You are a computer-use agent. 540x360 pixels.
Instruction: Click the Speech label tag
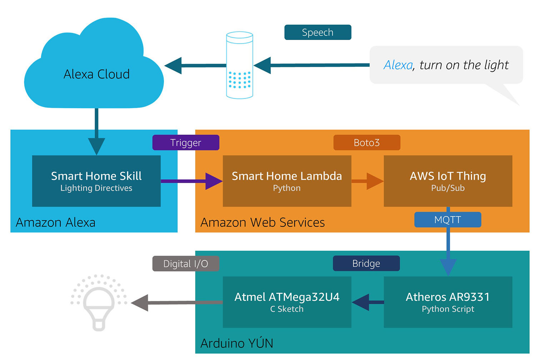coord(318,32)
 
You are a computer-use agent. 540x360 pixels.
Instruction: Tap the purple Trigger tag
coord(186,142)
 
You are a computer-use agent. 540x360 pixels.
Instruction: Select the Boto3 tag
coord(367,142)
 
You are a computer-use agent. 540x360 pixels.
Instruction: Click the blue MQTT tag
coord(447,219)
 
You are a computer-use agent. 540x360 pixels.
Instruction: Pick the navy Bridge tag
coord(366,263)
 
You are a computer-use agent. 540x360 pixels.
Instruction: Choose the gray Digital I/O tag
coord(186,264)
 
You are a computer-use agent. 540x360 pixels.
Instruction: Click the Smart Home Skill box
coord(96,181)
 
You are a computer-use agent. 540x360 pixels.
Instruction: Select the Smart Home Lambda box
coord(287,181)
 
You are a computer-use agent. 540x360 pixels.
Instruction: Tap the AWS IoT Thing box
coord(448,181)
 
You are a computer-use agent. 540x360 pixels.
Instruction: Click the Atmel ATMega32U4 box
coord(287,302)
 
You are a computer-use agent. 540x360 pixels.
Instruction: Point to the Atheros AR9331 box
coord(448,302)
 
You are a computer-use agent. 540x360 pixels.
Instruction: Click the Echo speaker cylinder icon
coord(240,65)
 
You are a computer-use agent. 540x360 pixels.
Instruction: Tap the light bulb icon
coord(99,303)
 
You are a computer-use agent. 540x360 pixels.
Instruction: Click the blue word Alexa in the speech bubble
coord(398,65)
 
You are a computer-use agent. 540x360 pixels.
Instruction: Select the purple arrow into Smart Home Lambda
coord(192,181)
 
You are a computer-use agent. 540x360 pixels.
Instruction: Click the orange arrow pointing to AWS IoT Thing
coord(367,181)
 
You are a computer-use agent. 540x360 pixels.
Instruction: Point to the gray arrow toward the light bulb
coord(177,302)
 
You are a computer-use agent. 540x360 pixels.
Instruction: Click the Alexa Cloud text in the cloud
coord(96,74)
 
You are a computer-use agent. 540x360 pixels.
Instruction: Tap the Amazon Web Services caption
coord(262,222)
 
